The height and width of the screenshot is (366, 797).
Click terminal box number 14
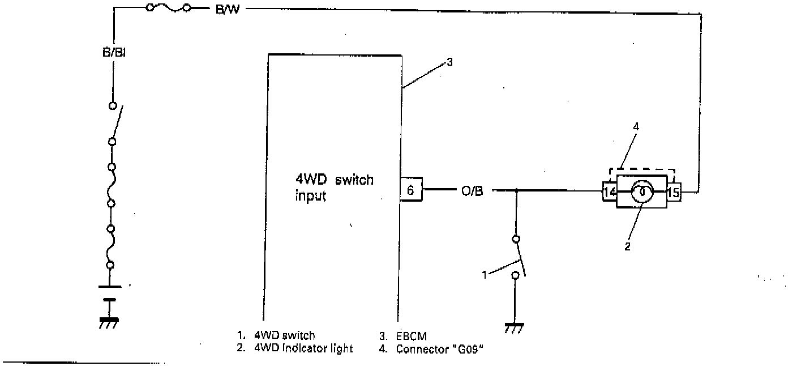coord(609,192)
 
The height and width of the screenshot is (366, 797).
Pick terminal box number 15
coord(674,192)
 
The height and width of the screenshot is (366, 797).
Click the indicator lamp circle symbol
coord(642,191)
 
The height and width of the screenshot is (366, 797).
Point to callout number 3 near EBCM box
coord(449,63)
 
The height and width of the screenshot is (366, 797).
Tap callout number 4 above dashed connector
coord(636,127)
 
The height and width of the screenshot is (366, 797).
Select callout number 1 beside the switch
coord(485,275)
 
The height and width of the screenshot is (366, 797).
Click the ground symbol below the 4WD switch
coord(515,328)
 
